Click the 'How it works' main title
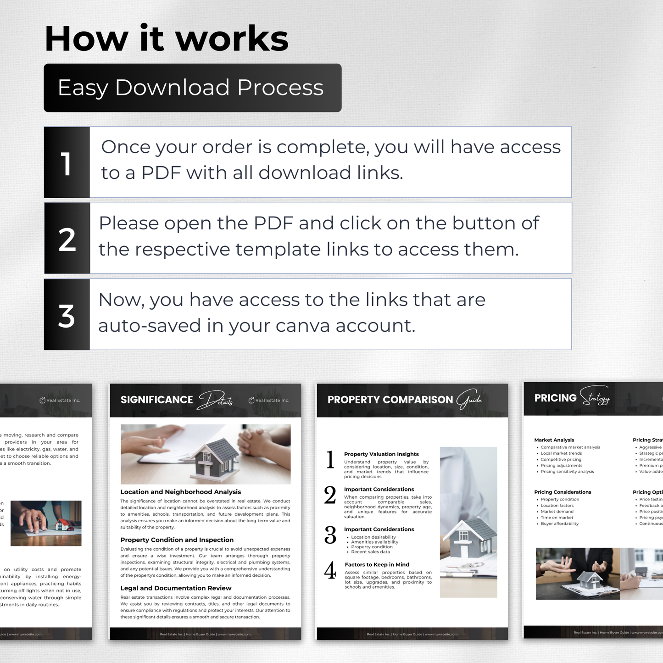(167, 39)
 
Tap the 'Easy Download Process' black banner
(192, 88)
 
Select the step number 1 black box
(67, 162)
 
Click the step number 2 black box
(67, 239)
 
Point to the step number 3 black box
(67, 315)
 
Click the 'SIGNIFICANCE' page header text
(156, 400)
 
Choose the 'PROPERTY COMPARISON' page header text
(390, 400)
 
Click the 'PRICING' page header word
(555, 398)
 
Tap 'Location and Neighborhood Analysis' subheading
(180, 492)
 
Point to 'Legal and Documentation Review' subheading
(176, 588)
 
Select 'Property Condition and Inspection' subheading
(177, 540)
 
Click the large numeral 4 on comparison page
(330, 571)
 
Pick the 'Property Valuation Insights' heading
(381, 454)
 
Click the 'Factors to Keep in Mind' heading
(377, 565)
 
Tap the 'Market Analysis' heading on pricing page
(554, 440)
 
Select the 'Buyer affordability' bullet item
(559, 524)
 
